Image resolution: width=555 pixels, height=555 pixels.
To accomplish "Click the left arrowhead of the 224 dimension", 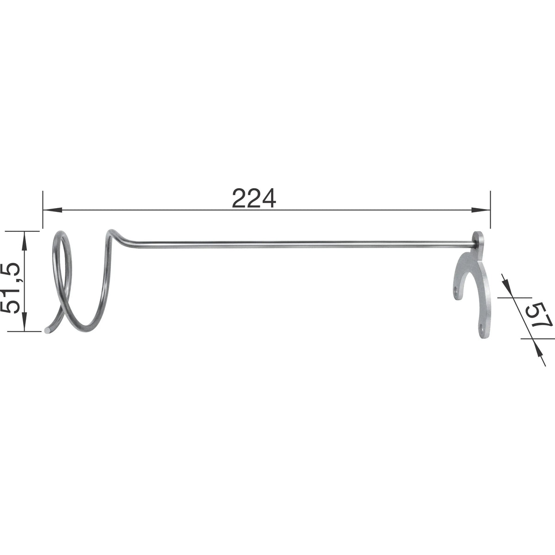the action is coord(52,210).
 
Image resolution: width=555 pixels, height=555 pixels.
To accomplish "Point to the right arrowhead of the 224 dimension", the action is coord(481,210).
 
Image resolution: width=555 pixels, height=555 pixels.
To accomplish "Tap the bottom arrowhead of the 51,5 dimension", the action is coord(24,322).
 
